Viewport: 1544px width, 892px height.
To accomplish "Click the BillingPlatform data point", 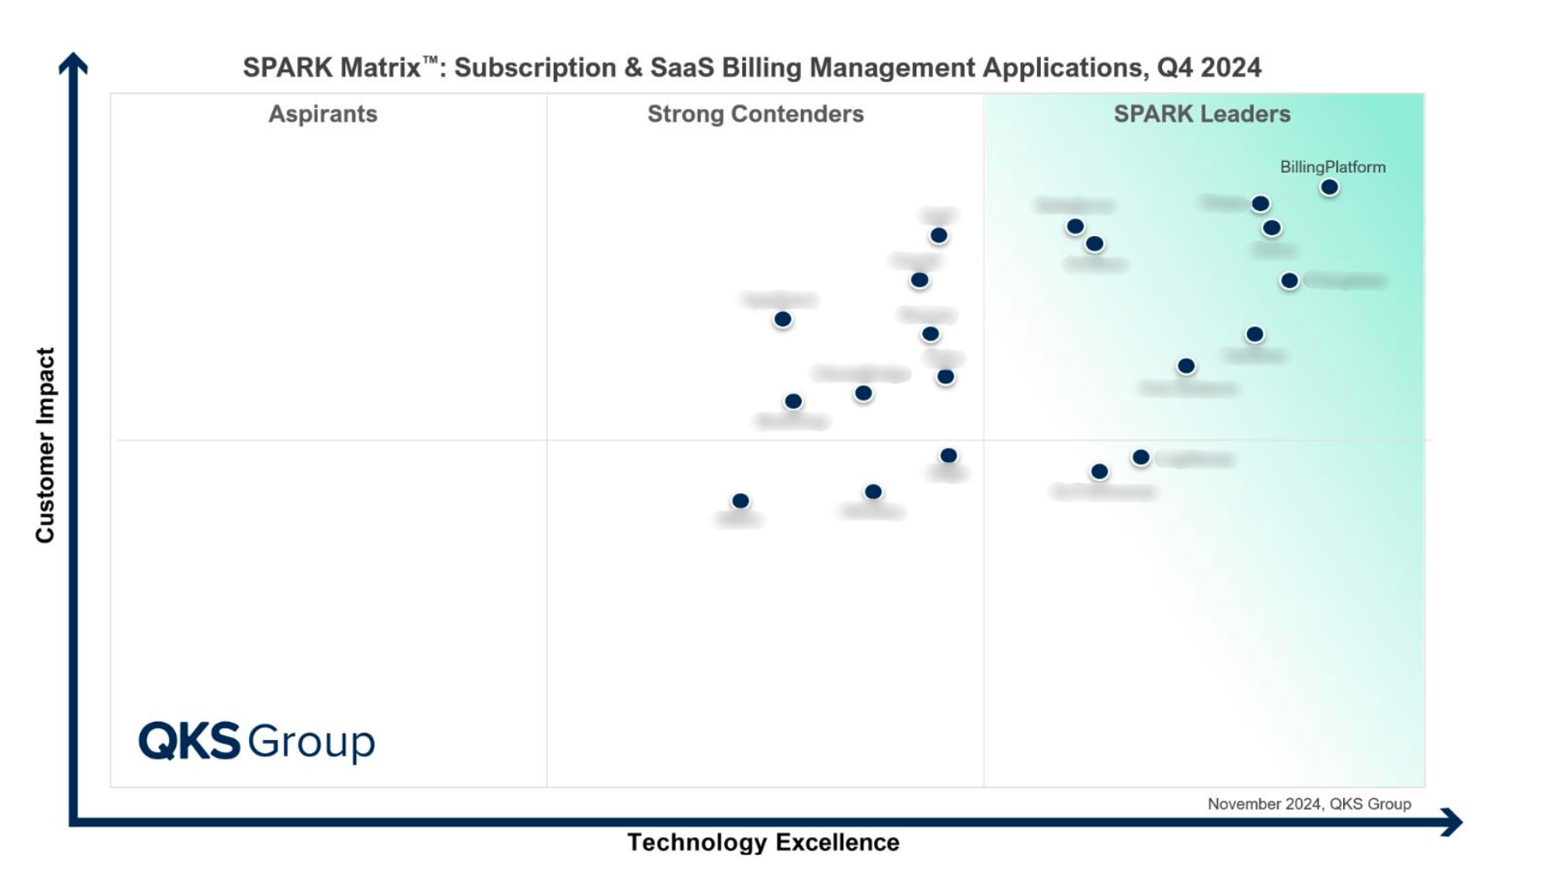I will coord(1329,188).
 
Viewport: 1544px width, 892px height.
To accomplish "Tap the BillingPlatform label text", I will coord(1332,167).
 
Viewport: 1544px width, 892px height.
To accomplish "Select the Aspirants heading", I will coord(322,114).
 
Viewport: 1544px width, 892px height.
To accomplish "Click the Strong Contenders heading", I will coord(755,114).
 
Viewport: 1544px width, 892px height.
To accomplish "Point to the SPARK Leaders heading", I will coord(1201,114).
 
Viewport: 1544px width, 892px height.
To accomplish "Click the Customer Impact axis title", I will coord(45,445).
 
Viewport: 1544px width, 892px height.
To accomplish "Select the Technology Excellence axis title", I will coord(763,842).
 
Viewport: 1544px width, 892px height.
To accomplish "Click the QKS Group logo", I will coord(257,741).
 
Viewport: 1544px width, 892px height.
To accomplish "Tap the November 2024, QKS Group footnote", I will coord(1309,804).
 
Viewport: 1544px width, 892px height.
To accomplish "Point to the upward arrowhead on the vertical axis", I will coord(73,63).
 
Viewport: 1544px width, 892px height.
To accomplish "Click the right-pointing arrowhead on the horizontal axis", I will coord(1452,822).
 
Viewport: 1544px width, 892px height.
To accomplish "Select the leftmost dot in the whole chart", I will coord(740,501).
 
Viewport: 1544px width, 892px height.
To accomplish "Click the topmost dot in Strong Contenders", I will coord(939,236).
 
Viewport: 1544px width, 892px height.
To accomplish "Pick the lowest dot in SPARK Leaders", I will coord(1099,472).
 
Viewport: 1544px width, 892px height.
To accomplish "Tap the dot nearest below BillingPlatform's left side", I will coord(1260,203).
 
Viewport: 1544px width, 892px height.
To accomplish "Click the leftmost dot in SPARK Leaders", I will coord(1075,227).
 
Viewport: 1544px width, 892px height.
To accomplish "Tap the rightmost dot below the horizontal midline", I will coord(1141,458).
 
